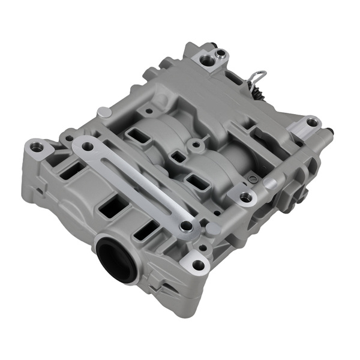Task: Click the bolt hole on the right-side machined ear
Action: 312,122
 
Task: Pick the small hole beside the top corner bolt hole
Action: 221,55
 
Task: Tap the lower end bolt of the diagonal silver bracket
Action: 186,226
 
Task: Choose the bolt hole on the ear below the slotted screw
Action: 245,197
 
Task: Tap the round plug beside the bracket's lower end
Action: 212,229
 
